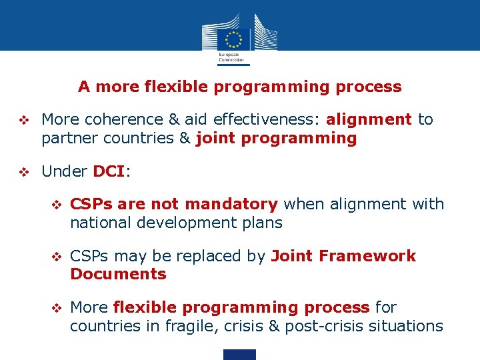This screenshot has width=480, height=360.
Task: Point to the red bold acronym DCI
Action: click(108, 171)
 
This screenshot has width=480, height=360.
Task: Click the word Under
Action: click(64, 171)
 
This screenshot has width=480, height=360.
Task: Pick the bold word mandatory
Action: click(231, 204)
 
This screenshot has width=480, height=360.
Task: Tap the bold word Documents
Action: click(118, 274)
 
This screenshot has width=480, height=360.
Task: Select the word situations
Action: click(407, 326)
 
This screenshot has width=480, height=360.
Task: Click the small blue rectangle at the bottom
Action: click(239, 355)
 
